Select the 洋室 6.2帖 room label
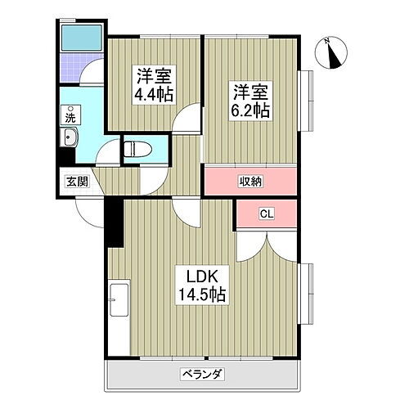251,100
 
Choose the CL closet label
266,214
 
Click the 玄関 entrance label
77,182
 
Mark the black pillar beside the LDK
113,222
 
